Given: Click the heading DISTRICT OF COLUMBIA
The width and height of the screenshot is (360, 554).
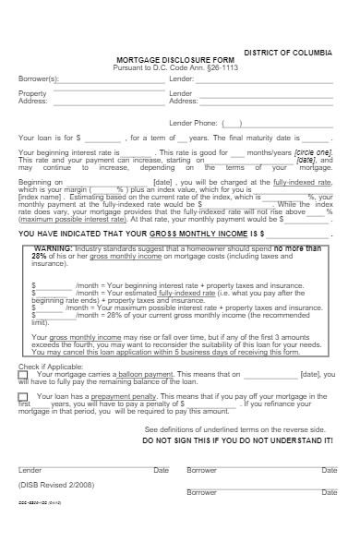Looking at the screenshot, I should pos(289,54).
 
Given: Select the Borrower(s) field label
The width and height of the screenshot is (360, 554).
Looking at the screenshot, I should pos(38,79).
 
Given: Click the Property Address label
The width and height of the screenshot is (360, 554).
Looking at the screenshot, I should pos(32,98).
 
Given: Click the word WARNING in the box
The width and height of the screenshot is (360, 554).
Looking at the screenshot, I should pos(53,249).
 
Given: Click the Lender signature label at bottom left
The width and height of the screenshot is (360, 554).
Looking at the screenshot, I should pos(30,470).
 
